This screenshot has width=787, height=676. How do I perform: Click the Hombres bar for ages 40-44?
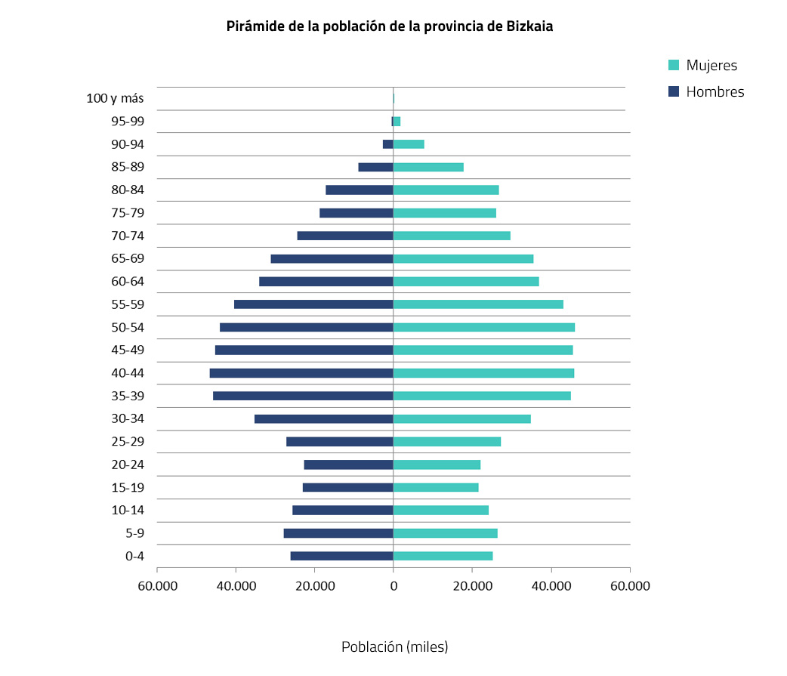click(301, 373)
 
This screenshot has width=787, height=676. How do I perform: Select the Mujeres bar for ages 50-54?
click(484, 327)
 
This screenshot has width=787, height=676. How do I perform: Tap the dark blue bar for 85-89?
click(375, 167)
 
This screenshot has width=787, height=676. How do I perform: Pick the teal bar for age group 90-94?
click(409, 144)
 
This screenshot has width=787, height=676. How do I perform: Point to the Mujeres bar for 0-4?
click(443, 556)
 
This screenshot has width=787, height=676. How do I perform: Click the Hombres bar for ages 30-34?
click(323, 418)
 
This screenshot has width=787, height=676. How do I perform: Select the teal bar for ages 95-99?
click(397, 121)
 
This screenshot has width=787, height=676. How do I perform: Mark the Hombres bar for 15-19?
click(347, 487)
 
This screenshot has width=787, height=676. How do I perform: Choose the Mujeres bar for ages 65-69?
click(463, 258)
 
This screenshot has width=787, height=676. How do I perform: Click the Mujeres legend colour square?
click(674, 66)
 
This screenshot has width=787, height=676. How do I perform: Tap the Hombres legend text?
click(714, 92)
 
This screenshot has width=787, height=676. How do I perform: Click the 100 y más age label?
click(115, 98)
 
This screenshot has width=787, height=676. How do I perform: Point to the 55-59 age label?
click(127, 304)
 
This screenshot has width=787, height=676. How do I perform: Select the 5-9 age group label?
click(134, 533)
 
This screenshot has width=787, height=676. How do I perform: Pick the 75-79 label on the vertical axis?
click(127, 213)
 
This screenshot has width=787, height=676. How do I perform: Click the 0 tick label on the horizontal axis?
click(393, 587)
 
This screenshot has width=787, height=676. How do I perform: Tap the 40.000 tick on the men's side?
click(236, 587)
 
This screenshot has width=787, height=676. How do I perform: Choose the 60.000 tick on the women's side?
click(629, 587)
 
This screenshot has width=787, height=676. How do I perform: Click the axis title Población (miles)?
click(394, 647)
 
